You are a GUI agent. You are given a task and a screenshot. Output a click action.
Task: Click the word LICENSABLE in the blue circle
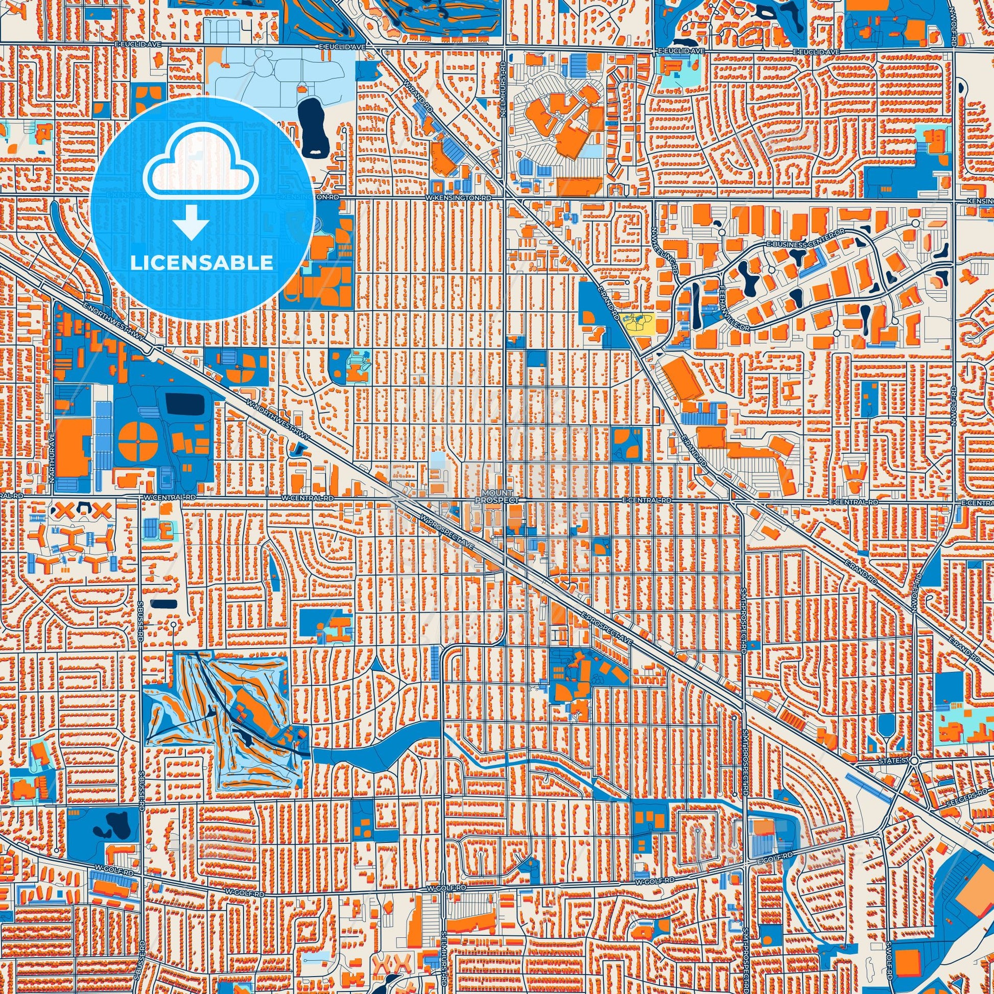tap(201, 263)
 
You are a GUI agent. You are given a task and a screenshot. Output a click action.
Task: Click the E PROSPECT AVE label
tap(606, 629)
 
